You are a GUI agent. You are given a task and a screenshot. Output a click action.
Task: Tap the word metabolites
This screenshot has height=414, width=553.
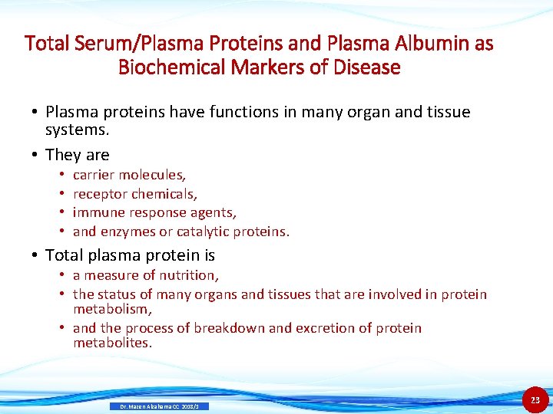pyautogui.click(x=113, y=343)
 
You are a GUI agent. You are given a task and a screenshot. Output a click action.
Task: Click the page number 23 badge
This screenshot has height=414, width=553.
pyautogui.click(x=535, y=399)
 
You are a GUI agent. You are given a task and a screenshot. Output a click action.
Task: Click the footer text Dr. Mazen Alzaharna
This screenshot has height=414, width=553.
pyautogui.click(x=145, y=406)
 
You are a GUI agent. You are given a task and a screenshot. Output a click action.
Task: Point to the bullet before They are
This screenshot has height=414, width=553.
pyautogui.click(x=35, y=155)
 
